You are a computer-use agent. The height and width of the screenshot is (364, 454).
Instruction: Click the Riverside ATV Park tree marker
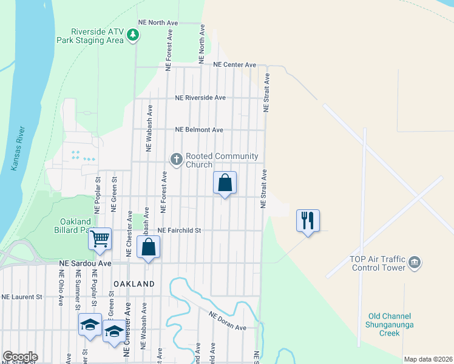[133, 36]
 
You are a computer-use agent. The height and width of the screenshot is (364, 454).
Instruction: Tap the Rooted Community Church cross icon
[177, 160]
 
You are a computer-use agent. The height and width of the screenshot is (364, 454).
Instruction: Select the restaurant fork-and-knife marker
[308, 220]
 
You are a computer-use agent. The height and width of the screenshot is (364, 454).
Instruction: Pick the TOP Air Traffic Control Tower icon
[415, 262]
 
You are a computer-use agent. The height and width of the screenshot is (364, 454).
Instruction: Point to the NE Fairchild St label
[179, 231]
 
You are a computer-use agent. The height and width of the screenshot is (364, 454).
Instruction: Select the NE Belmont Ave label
[199, 130]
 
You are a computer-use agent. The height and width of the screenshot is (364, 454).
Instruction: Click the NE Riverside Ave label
[200, 97]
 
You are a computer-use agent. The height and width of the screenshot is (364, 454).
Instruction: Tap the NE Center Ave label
[234, 64]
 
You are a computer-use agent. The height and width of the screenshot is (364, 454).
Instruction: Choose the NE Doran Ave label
[228, 321]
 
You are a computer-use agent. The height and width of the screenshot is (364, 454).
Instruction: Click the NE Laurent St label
[22, 297]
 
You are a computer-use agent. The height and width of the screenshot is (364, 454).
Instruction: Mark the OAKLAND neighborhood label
[134, 284]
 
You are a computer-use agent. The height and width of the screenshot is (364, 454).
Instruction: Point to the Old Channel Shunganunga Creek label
[389, 325]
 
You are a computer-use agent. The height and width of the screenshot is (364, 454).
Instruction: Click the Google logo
[20, 357]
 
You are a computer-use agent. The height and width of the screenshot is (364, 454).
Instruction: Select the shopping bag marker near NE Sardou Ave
[149, 247]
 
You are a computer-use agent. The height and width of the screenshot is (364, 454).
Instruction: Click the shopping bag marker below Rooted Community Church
[225, 183]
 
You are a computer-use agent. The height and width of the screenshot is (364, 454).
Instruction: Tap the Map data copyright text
[428, 359]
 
